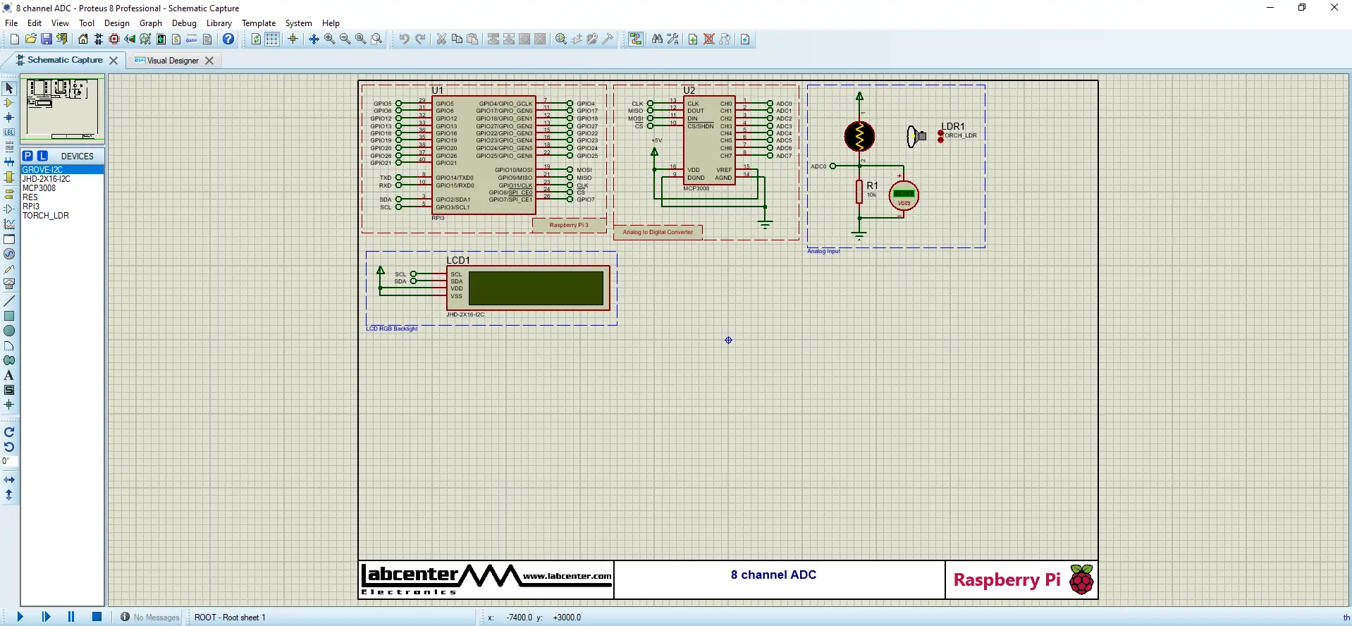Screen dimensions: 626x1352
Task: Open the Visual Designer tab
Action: [x=172, y=61]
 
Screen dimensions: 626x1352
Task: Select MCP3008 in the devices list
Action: [x=39, y=188]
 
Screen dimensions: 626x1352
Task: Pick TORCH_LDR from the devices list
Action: [x=46, y=216]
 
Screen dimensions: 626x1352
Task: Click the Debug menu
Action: [x=184, y=23]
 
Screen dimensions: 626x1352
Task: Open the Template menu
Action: [x=259, y=23]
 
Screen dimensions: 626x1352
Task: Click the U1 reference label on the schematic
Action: [x=437, y=90]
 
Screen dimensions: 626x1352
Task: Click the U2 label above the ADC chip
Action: [x=689, y=90]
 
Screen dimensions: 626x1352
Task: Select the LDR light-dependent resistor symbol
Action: [x=859, y=137]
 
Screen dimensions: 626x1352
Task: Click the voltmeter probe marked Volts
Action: [x=904, y=196]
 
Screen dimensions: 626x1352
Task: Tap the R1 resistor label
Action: [x=872, y=185]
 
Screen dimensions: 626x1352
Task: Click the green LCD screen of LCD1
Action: [x=536, y=288]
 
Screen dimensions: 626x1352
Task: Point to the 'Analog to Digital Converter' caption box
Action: [x=658, y=232]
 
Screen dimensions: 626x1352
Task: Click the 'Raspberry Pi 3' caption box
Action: [x=568, y=225]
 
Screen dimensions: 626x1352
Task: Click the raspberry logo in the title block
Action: [x=1081, y=579]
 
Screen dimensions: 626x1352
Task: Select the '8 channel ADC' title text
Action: [x=773, y=575]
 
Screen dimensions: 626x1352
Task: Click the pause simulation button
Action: [x=71, y=617]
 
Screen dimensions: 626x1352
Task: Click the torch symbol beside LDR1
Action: [x=916, y=136]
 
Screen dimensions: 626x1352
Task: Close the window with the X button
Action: [x=1334, y=8]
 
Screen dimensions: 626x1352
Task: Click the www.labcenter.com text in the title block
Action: [x=567, y=576]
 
